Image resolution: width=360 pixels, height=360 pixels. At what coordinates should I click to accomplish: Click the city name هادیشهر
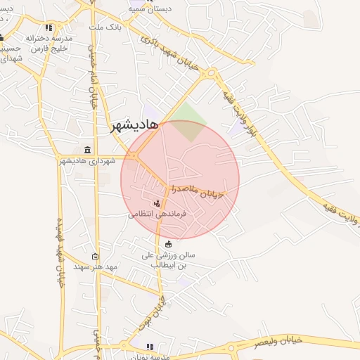139,125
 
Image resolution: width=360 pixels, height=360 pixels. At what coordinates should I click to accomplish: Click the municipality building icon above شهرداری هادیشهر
86,150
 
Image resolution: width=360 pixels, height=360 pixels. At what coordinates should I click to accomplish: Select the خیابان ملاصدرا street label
201,191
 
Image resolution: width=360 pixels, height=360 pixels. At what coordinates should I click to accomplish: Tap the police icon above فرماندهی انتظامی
156,202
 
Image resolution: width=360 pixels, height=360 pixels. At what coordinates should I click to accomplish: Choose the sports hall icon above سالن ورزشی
168,244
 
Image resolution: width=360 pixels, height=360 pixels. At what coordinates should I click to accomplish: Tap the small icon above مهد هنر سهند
96,257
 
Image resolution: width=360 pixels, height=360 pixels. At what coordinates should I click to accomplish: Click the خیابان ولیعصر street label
278,342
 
